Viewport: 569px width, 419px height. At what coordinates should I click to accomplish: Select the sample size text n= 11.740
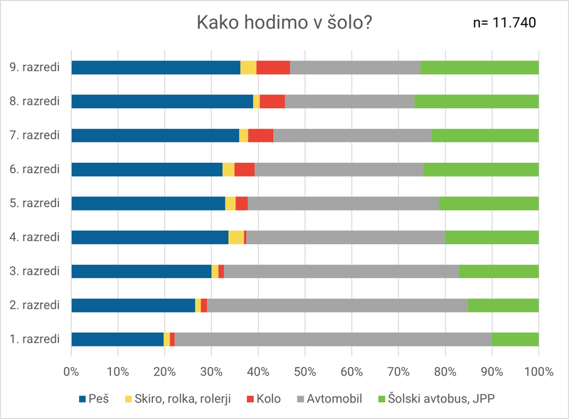tap(504, 23)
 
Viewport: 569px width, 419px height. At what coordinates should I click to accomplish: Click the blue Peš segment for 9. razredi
tap(155, 68)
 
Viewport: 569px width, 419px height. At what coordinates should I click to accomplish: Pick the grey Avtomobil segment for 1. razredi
tap(333, 339)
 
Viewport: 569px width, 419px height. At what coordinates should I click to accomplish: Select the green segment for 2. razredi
tap(503, 305)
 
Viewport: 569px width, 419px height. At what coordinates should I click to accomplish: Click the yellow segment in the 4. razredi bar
tap(236, 238)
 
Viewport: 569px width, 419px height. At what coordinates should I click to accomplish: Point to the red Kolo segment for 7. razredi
tap(260, 135)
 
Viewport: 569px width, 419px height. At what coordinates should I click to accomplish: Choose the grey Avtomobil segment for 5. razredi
tap(343, 203)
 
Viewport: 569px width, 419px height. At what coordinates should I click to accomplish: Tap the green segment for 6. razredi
tap(481, 169)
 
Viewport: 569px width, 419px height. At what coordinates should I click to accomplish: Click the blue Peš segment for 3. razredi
tap(141, 271)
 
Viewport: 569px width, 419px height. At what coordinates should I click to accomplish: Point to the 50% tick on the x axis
tap(304, 371)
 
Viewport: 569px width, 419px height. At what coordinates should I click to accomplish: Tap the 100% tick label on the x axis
tap(538, 371)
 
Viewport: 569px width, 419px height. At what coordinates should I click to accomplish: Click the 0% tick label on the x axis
tap(71, 371)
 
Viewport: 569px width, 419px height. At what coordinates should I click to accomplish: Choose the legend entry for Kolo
tap(262, 399)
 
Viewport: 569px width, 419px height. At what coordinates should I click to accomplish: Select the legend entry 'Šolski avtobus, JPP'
tap(434, 399)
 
